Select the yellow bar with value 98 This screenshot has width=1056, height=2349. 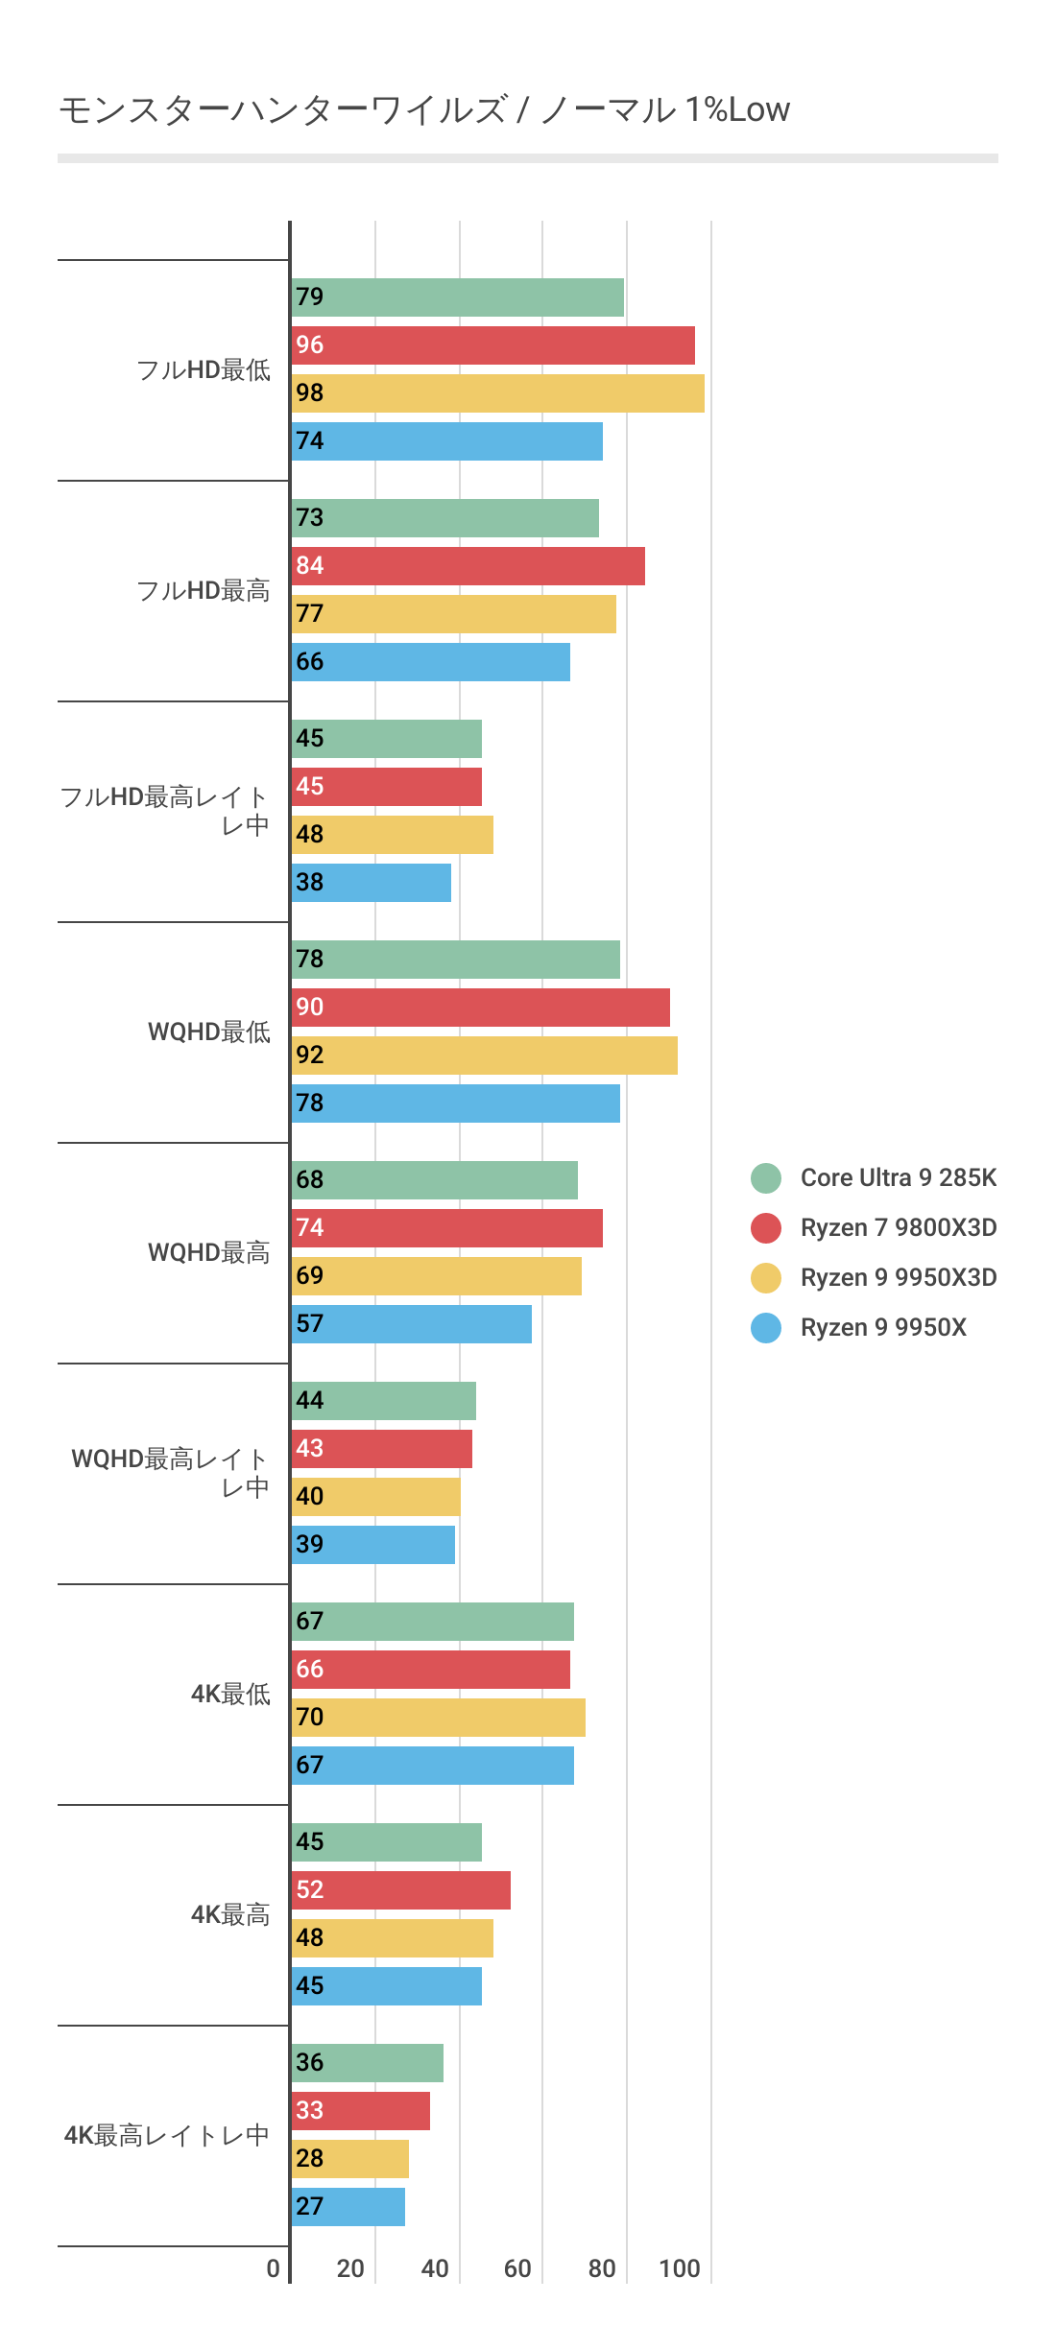497,393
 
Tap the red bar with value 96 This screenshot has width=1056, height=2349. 492,345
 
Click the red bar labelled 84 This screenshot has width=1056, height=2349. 468,566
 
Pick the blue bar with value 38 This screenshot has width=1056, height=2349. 371,883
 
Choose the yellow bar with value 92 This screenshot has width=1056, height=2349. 484,1056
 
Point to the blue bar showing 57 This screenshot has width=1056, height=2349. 411,1324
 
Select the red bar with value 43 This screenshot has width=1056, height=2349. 381,1449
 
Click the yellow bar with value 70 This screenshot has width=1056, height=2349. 438,1718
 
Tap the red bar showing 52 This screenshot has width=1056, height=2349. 400,1890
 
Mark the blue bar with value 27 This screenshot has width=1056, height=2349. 348,2207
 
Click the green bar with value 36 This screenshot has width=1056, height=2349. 367,2063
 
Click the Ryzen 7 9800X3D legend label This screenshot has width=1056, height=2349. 898,1227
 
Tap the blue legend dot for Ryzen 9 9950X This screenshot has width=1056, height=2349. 766,1327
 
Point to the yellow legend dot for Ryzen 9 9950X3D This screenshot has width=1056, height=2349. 766,1277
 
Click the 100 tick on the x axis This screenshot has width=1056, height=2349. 680,2268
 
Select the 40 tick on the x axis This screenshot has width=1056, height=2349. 435,2268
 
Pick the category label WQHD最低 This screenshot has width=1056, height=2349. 209,1032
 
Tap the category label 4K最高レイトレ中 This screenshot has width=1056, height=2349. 166,2135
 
